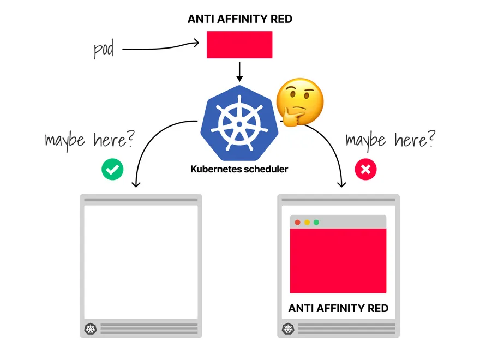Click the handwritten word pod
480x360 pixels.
(104, 49)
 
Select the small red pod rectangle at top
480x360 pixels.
(239, 45)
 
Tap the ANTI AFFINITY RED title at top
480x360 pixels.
(239, 19)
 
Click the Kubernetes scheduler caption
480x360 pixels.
(239, 169)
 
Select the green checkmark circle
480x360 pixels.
(112, 170)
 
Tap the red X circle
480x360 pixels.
(365, 170)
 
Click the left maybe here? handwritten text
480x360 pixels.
(89, 140)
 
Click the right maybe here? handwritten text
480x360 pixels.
(391, 140)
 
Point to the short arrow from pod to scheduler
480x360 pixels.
(239, 71)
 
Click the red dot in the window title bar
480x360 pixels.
(297, 222)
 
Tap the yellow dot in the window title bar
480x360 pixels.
(307, 222)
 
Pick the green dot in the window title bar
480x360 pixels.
(316, 222)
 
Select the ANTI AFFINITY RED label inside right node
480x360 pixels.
(338, 308)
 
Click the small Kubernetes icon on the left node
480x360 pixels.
(91, 329)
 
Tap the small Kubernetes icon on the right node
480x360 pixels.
(287, 329)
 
